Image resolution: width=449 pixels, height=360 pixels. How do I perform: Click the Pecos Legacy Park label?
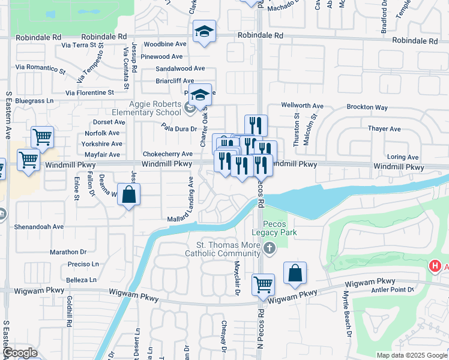coord(279,228)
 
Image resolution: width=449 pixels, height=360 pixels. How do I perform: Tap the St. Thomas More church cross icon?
coord(270,248)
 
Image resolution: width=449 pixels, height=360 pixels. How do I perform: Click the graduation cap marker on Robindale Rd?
coord(204,32)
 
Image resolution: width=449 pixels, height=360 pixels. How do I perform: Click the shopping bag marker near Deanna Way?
coord(128,195)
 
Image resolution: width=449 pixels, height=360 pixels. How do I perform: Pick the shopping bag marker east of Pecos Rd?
coord(295,274)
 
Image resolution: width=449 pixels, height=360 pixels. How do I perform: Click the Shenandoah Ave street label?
coord(40,227)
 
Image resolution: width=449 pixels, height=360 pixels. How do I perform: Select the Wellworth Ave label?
coord(303,106)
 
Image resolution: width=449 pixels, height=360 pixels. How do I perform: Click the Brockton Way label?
coord(367,107)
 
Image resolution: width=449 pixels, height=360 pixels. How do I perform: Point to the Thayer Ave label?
coord(384,129)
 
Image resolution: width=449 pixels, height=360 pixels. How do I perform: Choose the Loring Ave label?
coord(403,157)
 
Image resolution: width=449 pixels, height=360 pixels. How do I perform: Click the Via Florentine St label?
coord(89,93)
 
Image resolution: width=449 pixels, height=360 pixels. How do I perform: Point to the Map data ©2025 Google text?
coord(412,355)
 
